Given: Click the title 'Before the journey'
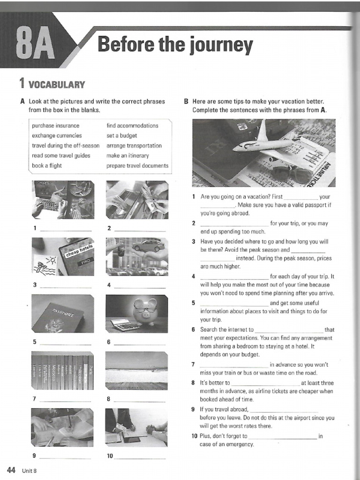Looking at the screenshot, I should click(x=175, y=45).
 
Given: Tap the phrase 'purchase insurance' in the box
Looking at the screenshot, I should click(x=56, y=126).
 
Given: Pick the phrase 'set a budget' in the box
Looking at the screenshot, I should click(x=122, y=135).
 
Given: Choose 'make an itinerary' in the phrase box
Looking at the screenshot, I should click(x=127, y=156).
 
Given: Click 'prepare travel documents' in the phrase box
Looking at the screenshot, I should click(x=137, y=165).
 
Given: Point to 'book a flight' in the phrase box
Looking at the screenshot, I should click(x=47, y=165).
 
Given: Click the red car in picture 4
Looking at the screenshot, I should click(x=148, y=246).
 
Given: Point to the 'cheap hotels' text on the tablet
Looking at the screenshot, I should click(x=80, y=251).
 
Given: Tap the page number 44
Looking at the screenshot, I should click(x=11, y=470).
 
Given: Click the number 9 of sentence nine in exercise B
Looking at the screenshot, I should click(x=193, y=409).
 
